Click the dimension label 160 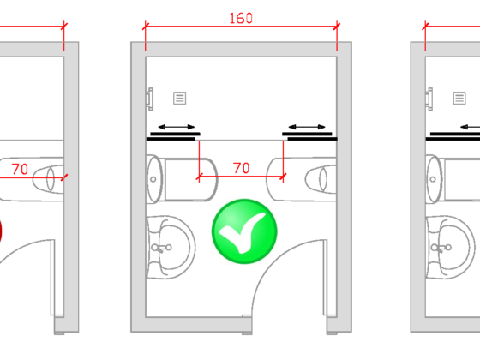241,18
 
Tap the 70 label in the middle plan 242,168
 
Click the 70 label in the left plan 20,169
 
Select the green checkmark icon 244,231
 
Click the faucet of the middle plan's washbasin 162,248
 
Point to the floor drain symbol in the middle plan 179,99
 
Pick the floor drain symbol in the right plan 459,99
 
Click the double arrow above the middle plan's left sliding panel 177,127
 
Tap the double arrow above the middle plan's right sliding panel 307,127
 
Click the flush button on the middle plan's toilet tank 153,179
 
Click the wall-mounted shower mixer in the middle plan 150,99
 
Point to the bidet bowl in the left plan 48,179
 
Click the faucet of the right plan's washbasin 441,248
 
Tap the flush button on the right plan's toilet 433,179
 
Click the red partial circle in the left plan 1,231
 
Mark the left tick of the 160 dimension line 146,27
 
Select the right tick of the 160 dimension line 337,27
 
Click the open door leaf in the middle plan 325,278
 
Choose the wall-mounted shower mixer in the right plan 429,99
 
